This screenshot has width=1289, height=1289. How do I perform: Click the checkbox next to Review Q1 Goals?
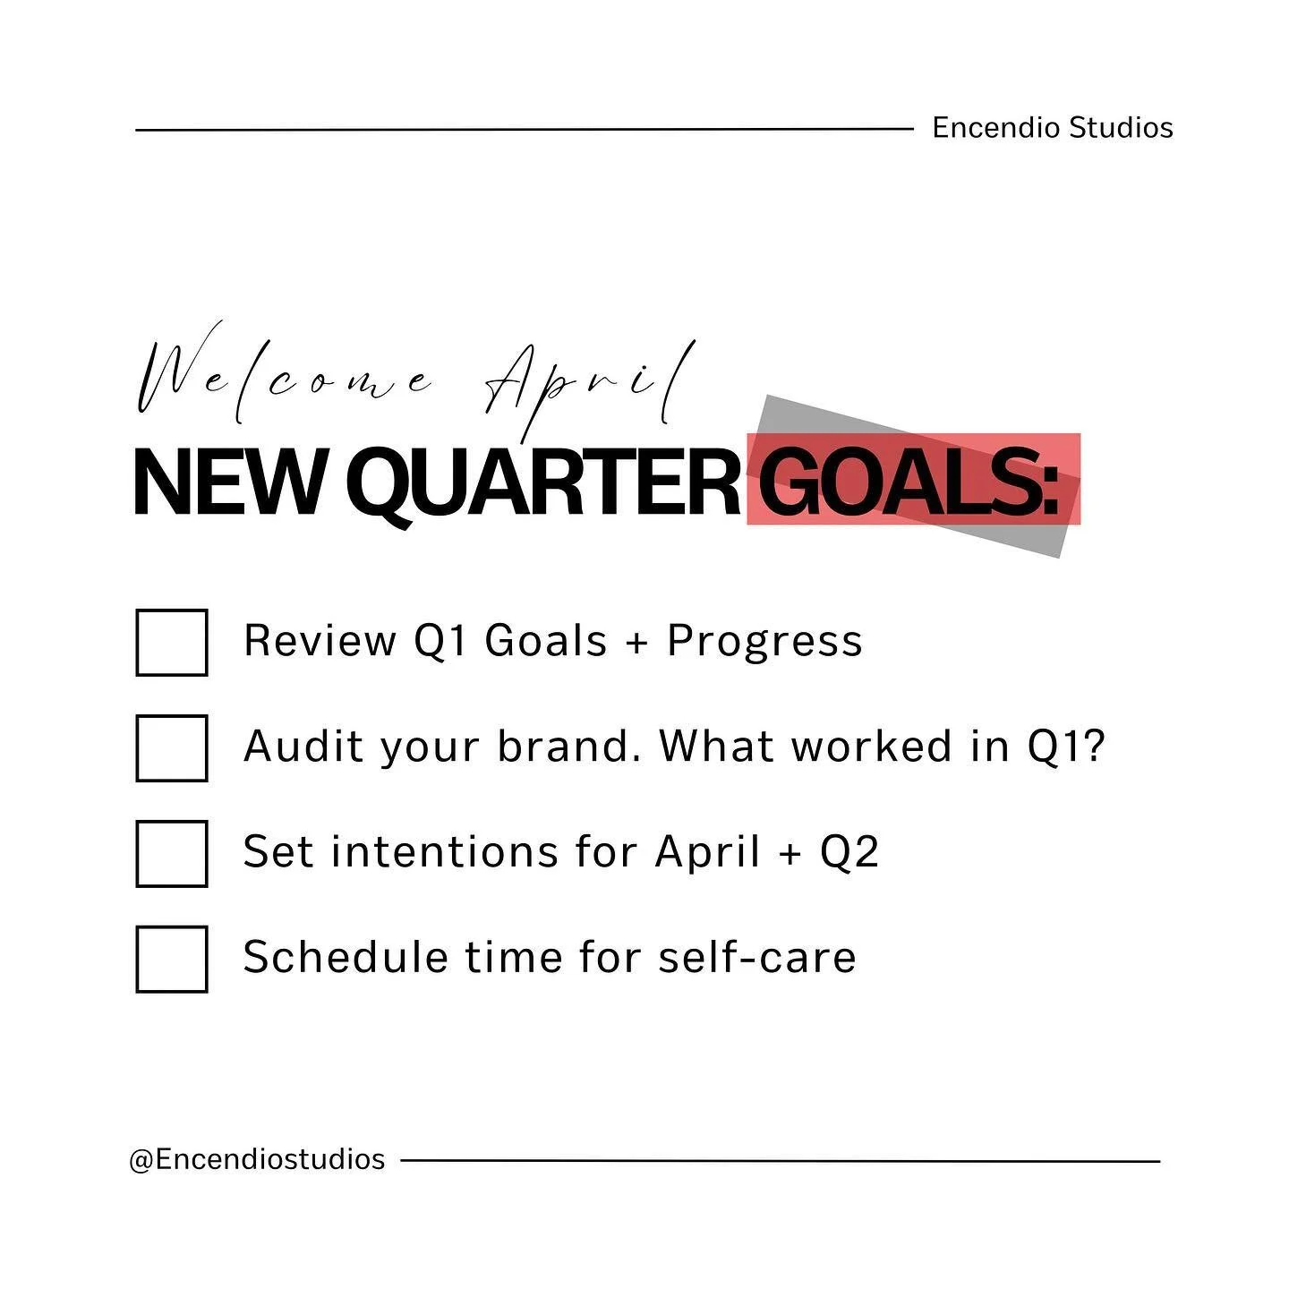[172, 642]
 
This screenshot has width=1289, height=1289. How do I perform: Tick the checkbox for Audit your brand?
[172, 747]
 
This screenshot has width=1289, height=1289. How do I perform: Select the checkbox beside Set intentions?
[172, 853]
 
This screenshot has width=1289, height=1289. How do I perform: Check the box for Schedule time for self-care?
[172, 959]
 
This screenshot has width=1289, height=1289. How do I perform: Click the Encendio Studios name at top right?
[1052, 128]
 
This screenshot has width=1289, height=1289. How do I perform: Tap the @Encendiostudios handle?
[257, 1159]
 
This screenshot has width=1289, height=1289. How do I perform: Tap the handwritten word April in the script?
[591, 380]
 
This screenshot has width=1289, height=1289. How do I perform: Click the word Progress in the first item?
[764, 642]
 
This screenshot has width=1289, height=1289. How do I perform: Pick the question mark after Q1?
[1096, 746]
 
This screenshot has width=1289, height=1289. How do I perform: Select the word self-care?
[757, 957]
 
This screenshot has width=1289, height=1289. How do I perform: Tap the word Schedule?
[346, 957]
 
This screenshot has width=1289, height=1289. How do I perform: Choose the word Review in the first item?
[320, 642]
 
